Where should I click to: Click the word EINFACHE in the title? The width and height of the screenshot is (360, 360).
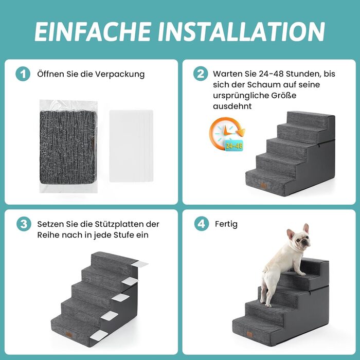point(93,31)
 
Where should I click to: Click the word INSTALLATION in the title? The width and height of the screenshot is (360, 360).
point(242,31)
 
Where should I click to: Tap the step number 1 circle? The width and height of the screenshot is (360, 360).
point(23,74)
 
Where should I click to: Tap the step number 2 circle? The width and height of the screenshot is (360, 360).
point(201,74)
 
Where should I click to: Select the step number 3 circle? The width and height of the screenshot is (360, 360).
point(24,224)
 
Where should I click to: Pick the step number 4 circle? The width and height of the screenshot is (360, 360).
point(202,224)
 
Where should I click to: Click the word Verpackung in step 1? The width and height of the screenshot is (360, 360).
point(120,75)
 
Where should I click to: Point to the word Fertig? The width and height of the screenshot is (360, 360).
point(226,224)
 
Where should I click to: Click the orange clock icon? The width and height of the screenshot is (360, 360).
point(227,134)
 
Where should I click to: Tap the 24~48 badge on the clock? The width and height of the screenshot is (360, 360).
point(233,146)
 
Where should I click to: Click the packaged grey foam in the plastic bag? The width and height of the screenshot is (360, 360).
point(68,147)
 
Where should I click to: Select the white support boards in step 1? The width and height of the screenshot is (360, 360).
point(131,146)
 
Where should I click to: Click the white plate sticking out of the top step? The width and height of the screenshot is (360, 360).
point(139,264)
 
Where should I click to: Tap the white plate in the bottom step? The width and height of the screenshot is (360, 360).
point(99,335)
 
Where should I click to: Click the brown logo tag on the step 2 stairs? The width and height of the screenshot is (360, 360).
point(263,186)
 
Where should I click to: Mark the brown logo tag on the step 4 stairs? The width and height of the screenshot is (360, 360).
point(249,334)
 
